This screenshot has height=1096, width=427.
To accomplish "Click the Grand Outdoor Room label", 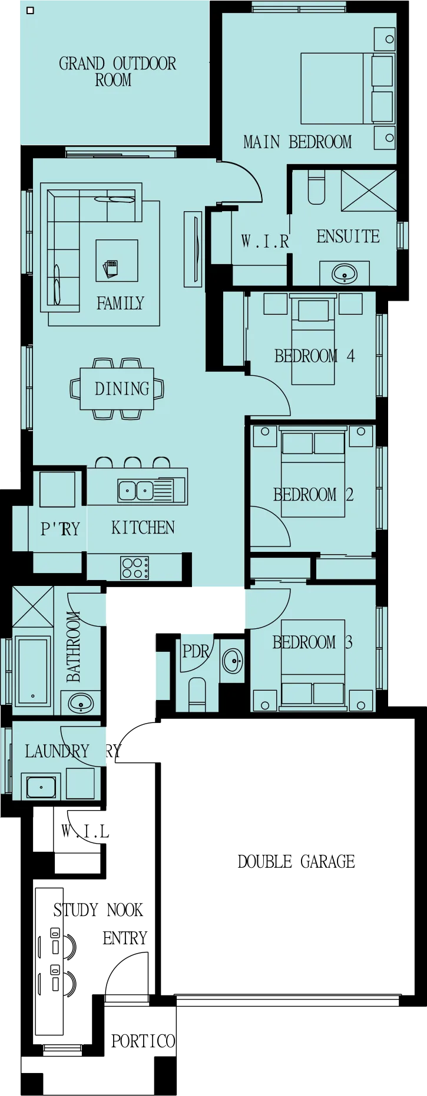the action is [x=117, y=72].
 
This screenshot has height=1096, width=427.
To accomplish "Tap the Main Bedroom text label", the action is [x=297, y=142].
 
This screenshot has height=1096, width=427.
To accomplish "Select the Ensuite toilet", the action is [x=316, y=187].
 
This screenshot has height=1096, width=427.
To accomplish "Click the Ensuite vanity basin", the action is [x=345, y=274].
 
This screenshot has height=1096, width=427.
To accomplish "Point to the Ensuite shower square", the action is [x=369, y=190].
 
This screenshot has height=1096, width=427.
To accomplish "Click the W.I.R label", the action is [x=265, y=241].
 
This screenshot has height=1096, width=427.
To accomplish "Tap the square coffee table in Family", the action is [x=117, y=261].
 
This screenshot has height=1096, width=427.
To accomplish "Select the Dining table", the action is [x=117, y=389].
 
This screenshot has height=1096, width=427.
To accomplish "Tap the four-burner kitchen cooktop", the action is [x=135, y=568].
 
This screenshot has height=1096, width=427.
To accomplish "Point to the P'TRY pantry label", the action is [x=60, y=529].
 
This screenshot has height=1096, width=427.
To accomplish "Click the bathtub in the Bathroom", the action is [x=32, y=671].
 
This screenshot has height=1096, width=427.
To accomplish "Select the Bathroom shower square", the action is [x=33, y=606].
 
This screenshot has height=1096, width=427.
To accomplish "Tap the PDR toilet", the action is [x=197, y=694].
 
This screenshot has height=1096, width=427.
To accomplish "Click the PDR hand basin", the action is [x=233, y=661].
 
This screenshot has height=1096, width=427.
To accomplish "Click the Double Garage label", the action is [x=296, y=862].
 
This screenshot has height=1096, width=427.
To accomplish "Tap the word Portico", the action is [x=143, y=1041].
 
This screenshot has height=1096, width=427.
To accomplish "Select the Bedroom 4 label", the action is [x=315, y=355].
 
